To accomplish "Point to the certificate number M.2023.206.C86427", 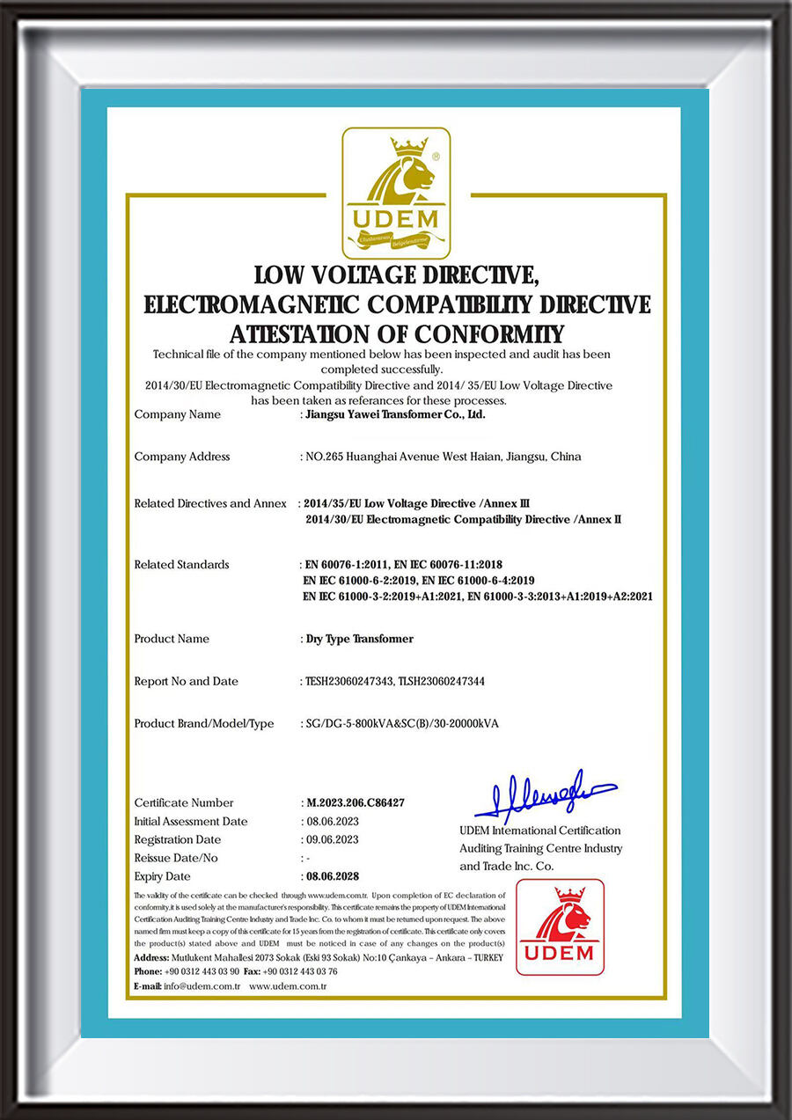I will (x=355, y=802).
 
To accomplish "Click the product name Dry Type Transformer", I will (x=358, y=639).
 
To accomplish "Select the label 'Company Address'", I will (x=182, y=457).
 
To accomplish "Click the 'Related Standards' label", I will (x=181, y=564).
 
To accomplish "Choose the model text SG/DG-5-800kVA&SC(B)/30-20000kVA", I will (x=401, y=723).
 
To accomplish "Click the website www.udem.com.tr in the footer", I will (x=288, y=986).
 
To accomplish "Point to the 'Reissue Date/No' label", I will (x=176, y=858).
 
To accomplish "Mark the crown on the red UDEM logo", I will (x=570, y=895).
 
